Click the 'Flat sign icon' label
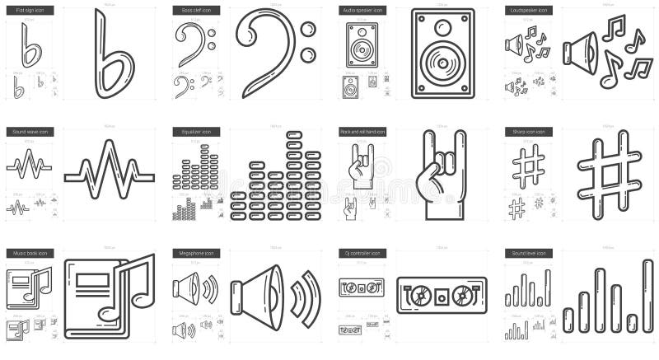[29, 11]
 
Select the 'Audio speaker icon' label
[362, 11]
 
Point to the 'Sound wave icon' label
[30, 132]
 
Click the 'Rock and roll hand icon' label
[362, 132]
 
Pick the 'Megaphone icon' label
[194, 253]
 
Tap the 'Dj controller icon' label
[361, 253]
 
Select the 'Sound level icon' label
[527, 253]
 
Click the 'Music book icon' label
[29, 253]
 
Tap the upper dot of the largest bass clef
[308, 31]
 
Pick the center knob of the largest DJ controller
[442, 294]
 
